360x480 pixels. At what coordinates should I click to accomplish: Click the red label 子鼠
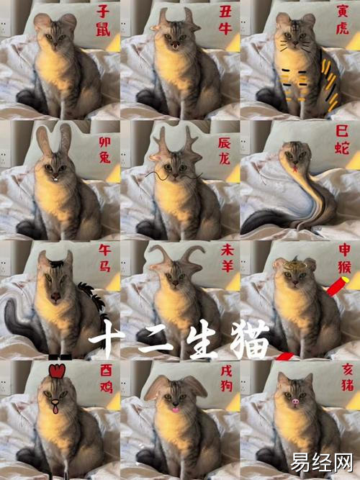tap(103, 21)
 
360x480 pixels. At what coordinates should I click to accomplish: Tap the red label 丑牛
tap(225, 20)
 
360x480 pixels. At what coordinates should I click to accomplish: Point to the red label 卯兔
tap(105, 150)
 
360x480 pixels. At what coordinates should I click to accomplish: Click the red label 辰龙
tap(224, 150)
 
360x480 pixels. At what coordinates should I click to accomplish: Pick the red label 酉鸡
tap(107, 379)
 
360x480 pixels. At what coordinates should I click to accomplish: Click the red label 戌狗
tap(227, 379)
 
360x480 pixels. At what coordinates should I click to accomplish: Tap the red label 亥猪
tap(347, 377)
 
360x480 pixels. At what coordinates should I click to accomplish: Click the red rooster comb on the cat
tap(57, 371)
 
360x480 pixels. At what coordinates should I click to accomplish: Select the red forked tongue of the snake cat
tap(295, 168)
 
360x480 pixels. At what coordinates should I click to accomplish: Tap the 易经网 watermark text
tap(321, 463)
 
